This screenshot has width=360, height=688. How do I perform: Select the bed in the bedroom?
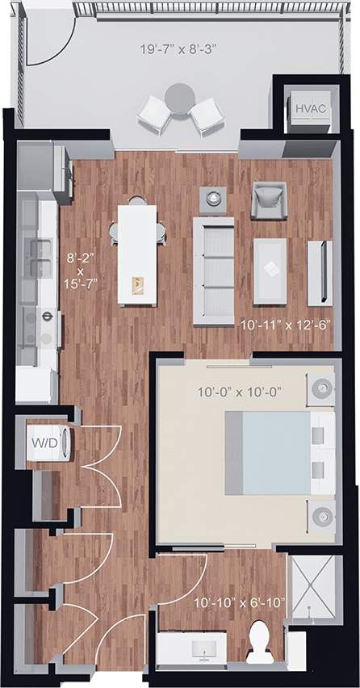tap(278, 452)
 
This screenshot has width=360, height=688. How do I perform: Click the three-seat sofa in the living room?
tap(213, 270)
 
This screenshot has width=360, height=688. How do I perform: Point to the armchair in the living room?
tap(268, 200)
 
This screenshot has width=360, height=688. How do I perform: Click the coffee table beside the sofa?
tap(270, 269)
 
